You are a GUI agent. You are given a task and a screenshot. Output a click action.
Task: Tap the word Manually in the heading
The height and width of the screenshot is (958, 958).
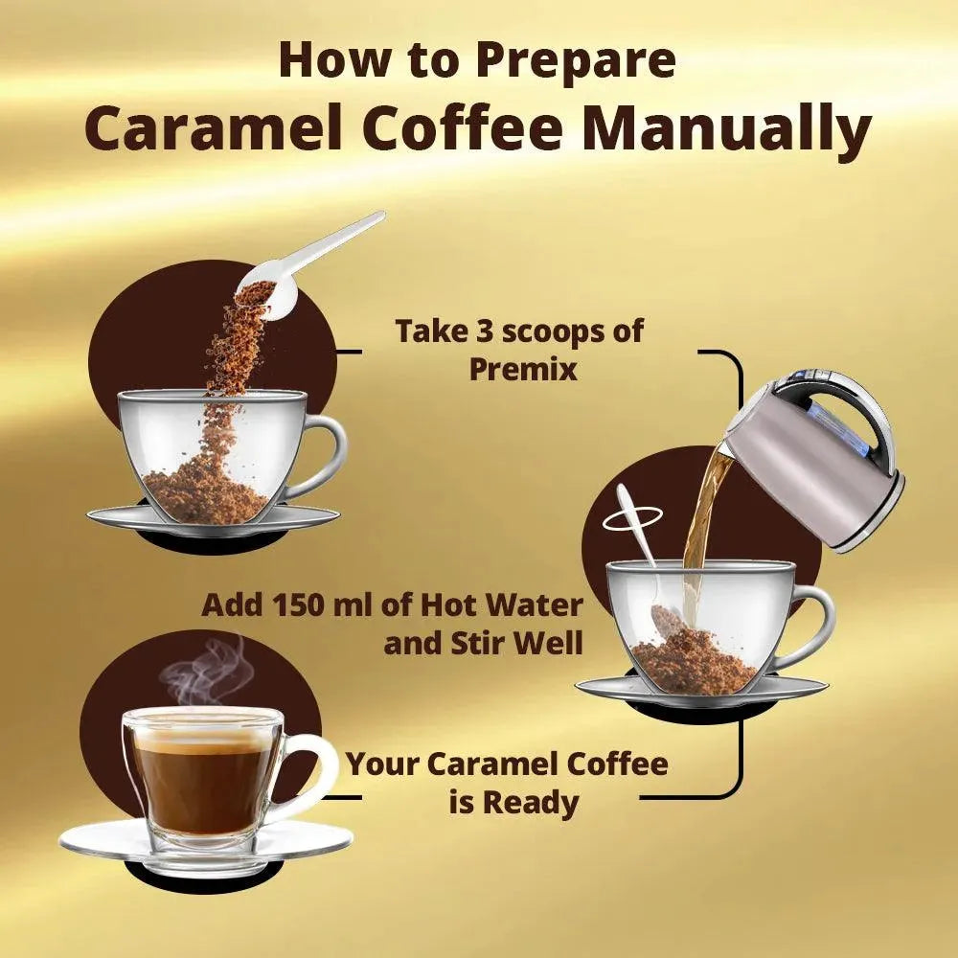726,129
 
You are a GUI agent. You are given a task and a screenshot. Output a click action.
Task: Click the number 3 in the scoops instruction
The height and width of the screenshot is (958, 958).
483,331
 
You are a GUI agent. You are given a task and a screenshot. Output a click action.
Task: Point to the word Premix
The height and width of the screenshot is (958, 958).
523,369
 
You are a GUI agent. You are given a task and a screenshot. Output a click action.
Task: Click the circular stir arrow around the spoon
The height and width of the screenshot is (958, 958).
631,519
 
